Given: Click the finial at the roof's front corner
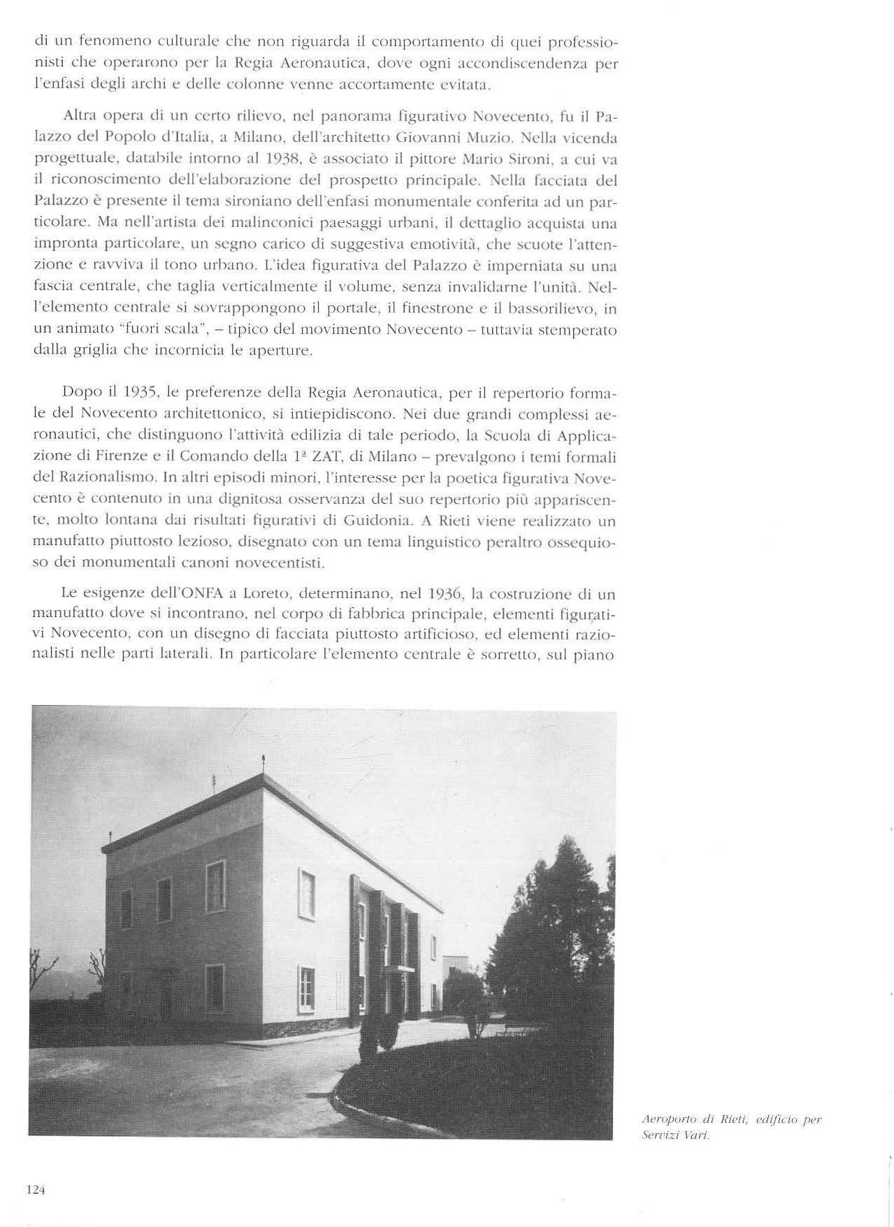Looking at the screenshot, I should tap(263, 761).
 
